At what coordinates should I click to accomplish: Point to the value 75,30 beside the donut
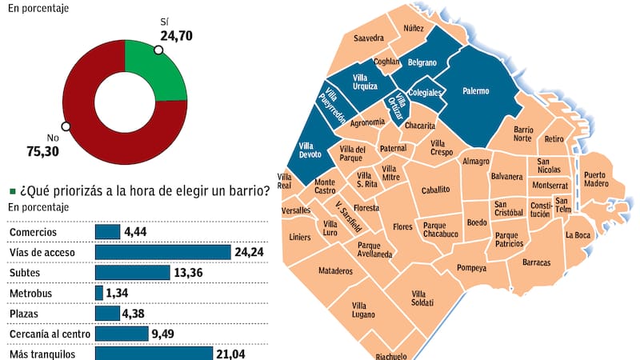point(45,150)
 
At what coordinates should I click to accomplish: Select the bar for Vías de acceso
point(162,252)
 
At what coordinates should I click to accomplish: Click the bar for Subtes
point(132,272)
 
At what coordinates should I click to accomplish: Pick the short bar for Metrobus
point(99,293)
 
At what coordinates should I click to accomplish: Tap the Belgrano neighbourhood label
point(422,62)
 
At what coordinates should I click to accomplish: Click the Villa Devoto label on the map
point(309,150)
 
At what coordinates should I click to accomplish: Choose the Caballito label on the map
point(436,190)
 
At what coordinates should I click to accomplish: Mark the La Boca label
point(577,235)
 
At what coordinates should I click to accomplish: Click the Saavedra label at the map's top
point(369,38)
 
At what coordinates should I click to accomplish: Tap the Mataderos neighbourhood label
point(335,271)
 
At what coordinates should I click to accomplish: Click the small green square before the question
point(12,191)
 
